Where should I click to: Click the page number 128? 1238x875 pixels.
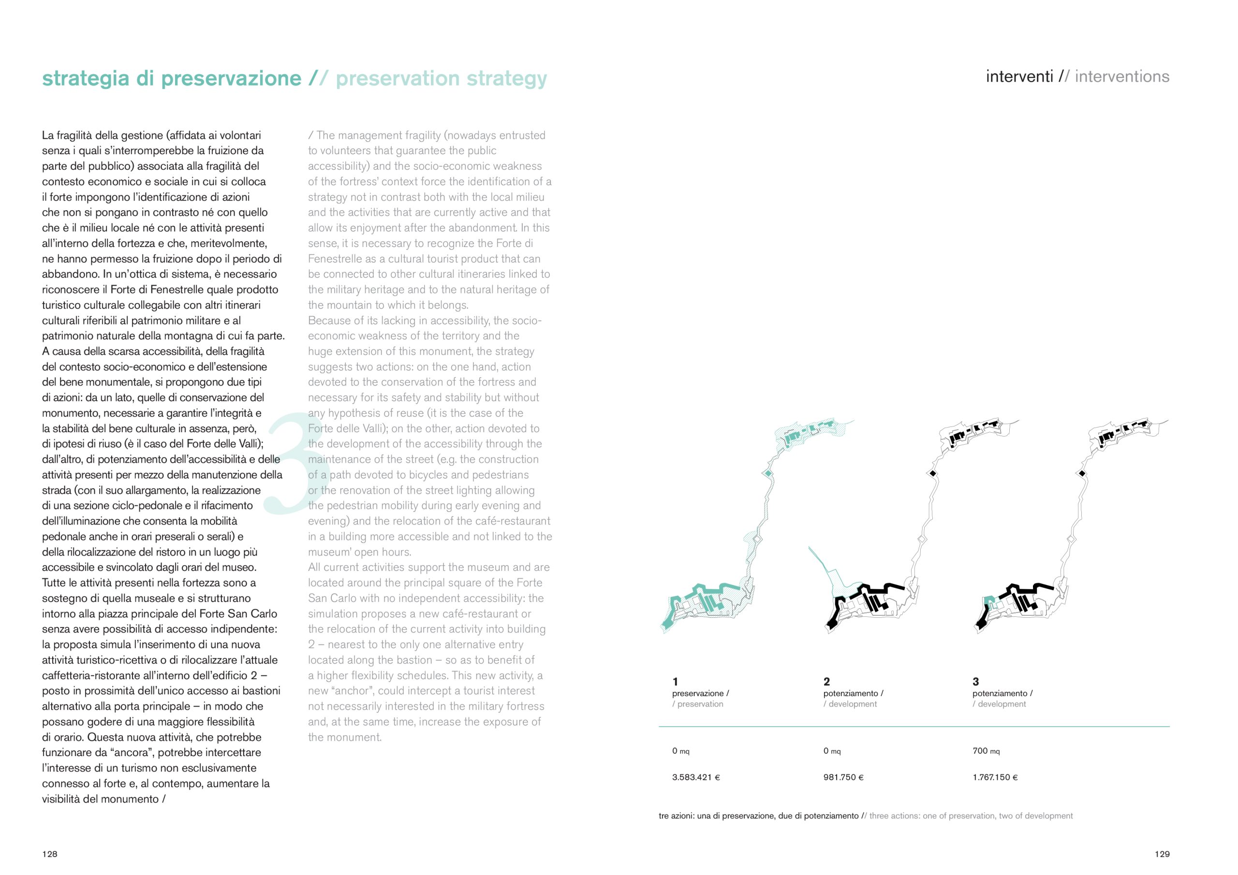[50, 854]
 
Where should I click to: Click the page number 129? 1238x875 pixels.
[1162, 854]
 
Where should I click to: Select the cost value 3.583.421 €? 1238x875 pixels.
[695, 777]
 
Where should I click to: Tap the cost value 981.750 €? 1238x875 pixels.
[843, 777]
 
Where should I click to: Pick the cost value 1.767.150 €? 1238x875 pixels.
[995, 777]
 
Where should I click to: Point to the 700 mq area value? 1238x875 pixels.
[986, 751]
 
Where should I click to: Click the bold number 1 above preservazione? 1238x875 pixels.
[675, 682]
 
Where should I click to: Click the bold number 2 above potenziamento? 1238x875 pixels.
[826, 682]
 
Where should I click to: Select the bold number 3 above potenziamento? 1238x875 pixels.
[975, 682]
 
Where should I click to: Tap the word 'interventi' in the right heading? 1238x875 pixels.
[1019, 76]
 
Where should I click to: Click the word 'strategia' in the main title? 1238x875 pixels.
[86, 79]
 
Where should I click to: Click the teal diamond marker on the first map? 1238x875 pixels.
[768, 473]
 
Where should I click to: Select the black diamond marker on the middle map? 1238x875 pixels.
[933, 473]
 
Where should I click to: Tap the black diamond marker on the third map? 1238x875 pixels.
[1082, 473]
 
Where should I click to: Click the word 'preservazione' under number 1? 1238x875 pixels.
[698, 693]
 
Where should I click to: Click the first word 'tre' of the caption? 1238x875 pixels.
[664, 816]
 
